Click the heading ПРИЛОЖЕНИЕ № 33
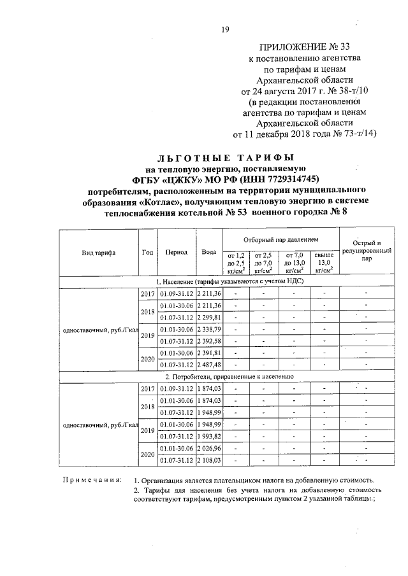[x=305, y=46]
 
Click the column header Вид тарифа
[x=98, y=252]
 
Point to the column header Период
[x=175, y=252]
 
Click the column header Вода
[x=208, y=252]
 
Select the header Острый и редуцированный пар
[x=366, y=251]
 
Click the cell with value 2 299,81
[x=208, y=317]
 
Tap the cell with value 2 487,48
[x=208, y=365]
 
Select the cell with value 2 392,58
[x=208, y=341]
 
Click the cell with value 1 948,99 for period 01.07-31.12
[x=208, y=412]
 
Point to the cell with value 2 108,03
[x=208, y=460]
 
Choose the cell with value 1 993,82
[x=208, y=435]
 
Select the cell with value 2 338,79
[x=208, y=329]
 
